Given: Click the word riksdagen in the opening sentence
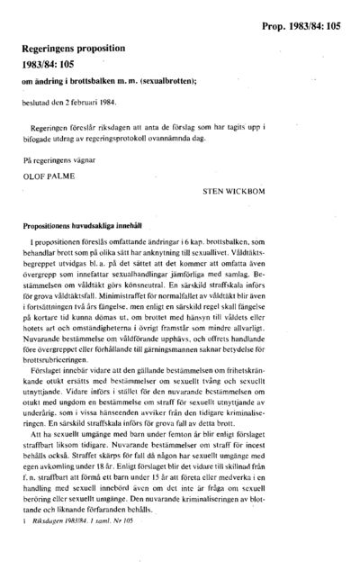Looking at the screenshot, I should (x=112, y=127).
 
